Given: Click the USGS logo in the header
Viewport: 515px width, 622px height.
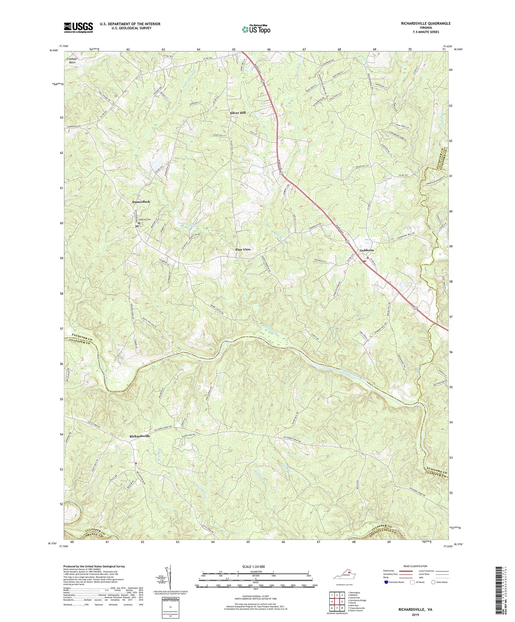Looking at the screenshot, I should (x=78, y=27).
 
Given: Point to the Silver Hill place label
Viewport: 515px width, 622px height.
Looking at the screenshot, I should (x=238, y=113).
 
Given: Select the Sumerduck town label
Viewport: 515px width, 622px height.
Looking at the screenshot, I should (x=141, y=202).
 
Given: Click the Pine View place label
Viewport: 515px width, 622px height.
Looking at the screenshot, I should (x=243, y=249).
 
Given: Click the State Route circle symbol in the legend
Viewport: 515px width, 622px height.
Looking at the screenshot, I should (x=433, y=582).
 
